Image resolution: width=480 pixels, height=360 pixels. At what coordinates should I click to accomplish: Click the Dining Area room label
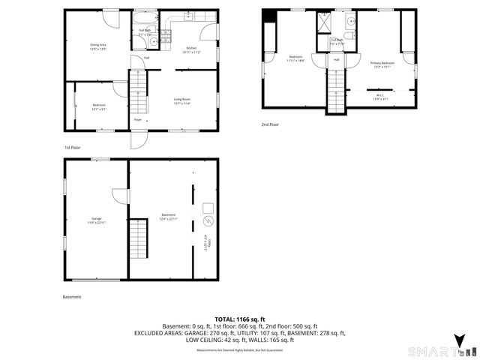pos(98,47)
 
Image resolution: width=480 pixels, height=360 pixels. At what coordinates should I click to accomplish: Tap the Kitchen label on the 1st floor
pos(192,49)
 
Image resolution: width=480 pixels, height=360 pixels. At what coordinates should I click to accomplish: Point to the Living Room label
pos(181,102)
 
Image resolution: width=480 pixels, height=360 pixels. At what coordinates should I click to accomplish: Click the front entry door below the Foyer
pos(138,139)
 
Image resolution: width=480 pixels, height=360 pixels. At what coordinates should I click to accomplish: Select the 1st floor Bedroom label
pos(99,106)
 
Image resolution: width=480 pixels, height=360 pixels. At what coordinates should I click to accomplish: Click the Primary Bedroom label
pos(382,64)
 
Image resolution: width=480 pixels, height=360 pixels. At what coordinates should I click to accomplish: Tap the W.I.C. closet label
pos(381,96)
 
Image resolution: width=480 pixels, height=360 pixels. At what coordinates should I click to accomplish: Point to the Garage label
pos(95,220)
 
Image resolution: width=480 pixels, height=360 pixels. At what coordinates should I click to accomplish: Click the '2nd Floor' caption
pos(271,124)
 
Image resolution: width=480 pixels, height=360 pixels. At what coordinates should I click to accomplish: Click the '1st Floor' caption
pos(71,148)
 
